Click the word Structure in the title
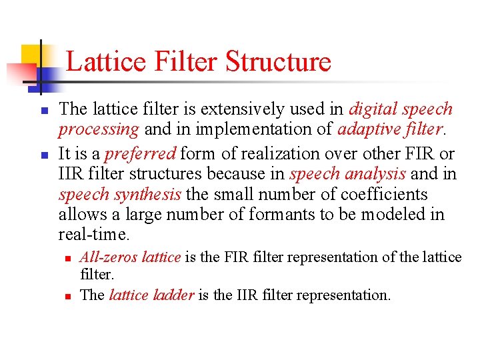pos(278,61)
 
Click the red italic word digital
pos(373,109)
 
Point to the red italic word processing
pos(99,129)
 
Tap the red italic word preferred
pos(140,153)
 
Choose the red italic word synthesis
pos(147,195)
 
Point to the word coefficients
pos(383,195)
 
